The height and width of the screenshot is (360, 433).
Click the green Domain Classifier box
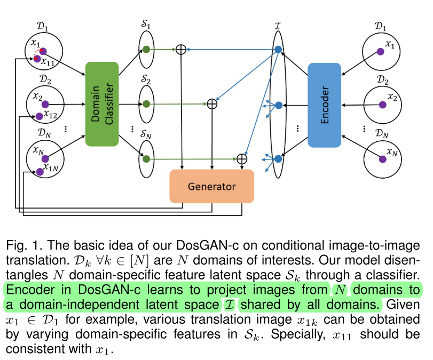tap(101, 104)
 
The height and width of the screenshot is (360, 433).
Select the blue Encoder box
tap(324, 105)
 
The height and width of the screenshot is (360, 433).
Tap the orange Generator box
tap(211, 187)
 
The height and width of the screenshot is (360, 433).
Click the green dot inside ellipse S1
tap(146, 50)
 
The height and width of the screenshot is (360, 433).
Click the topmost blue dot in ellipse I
tap(278, 50)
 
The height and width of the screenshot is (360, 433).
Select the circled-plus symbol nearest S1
tap(180, 50)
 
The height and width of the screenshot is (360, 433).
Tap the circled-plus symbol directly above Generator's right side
tap(241, 158)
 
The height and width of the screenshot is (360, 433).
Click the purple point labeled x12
tap(38, 116)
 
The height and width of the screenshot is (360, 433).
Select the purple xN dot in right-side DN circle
tap(382, 158)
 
